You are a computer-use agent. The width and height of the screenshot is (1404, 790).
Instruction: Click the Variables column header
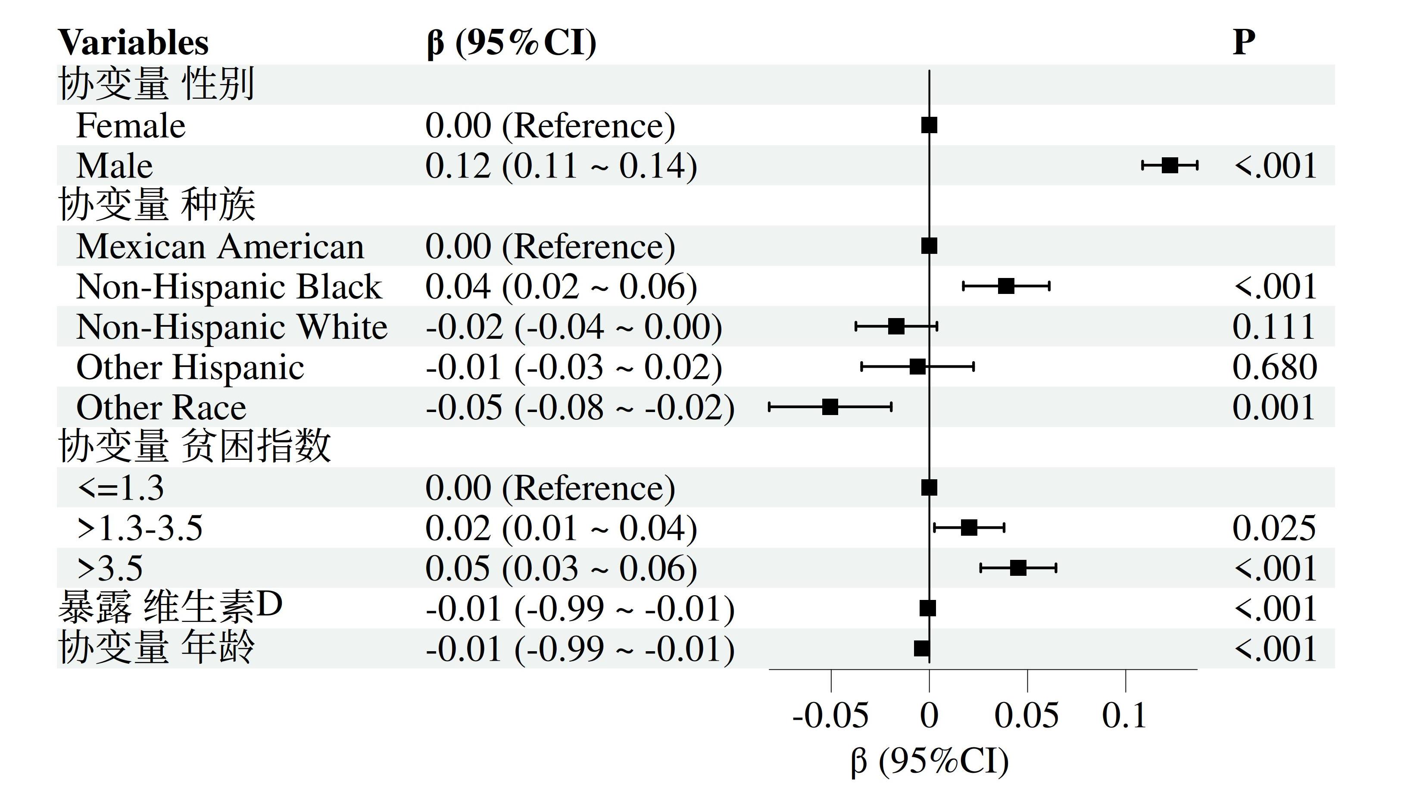(133, 43)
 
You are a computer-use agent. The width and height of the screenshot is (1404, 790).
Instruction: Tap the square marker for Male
(1170, 165)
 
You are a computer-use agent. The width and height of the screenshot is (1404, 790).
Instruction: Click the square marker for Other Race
(830, 407)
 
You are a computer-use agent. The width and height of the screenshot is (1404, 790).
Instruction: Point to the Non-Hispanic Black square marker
(1006, 286)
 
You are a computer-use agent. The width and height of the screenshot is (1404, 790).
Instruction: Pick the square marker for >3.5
(1018, 568)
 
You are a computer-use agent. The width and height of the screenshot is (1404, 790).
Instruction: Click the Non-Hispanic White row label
(232, 327)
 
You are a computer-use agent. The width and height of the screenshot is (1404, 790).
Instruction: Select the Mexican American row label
(220, 247)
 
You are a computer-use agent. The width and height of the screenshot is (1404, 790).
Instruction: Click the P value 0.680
(1274, 367)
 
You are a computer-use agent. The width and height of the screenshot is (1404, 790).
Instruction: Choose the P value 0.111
(1273, 327)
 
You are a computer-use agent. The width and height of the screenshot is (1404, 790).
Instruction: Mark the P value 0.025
(1274, 528)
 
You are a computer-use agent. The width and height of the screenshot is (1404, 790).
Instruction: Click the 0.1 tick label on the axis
(1124, 715)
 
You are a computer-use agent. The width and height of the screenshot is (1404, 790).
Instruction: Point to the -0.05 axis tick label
(830, 715)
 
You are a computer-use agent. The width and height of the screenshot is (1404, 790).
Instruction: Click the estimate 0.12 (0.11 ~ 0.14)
(561, 166)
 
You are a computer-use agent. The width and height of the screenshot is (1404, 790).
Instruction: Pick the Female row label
(131, 126)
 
